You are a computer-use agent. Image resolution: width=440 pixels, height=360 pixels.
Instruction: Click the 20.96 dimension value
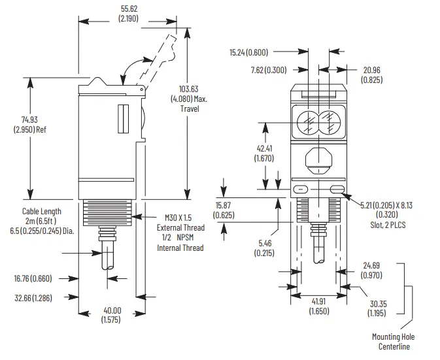click(371, 70)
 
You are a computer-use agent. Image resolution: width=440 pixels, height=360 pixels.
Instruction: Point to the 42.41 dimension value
click(263, 148)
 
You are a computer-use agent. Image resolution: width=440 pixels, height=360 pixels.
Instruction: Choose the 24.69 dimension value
click(373, 266)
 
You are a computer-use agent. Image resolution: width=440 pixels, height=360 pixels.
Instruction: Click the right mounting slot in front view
click(337, 189)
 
